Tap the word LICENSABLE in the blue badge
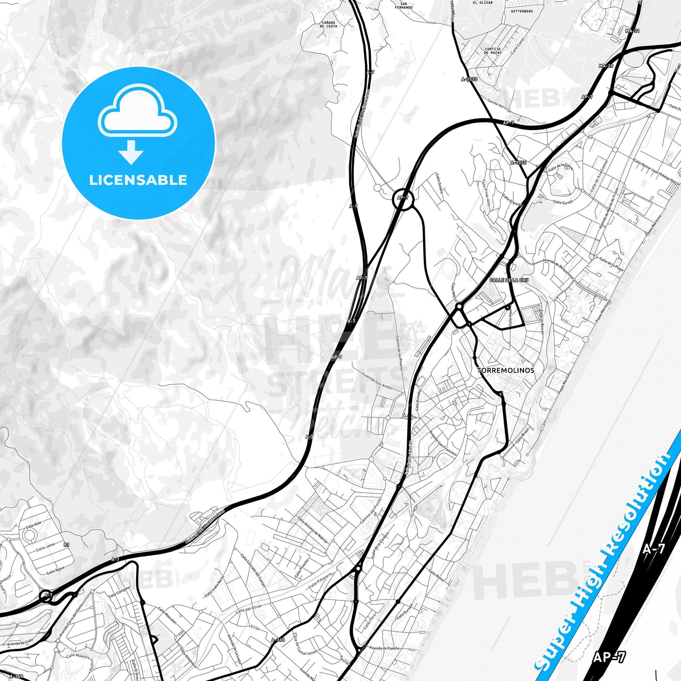(138, 180)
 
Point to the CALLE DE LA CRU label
(509, 280)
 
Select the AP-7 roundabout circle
(403, 199)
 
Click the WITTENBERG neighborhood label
(522, 11)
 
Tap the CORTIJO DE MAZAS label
(492, 51)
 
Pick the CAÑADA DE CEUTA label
(328, 25)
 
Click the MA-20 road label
(606, 66)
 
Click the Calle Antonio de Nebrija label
(312, 531)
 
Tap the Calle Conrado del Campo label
(253, 570)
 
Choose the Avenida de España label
(384, 648)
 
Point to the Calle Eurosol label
(405, 611)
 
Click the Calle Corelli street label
(563, 202)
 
